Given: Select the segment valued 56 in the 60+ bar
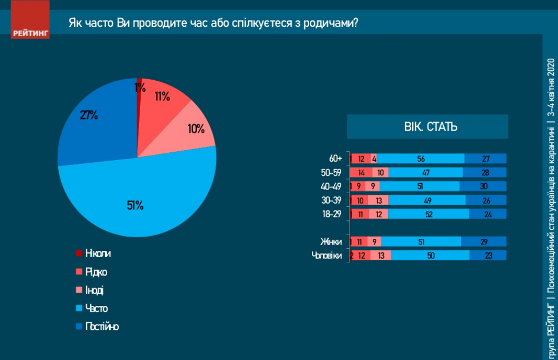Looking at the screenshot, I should (x=420, y=158).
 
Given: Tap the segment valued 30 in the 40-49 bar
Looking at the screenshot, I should (x=483, y=186).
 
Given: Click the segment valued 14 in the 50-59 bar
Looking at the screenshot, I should (x=362, y=172).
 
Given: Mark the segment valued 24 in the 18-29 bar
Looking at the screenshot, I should (x=487, y=214).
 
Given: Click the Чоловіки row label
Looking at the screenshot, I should (x=328, y=256).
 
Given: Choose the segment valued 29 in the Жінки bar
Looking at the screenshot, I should (x=483, y=241).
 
